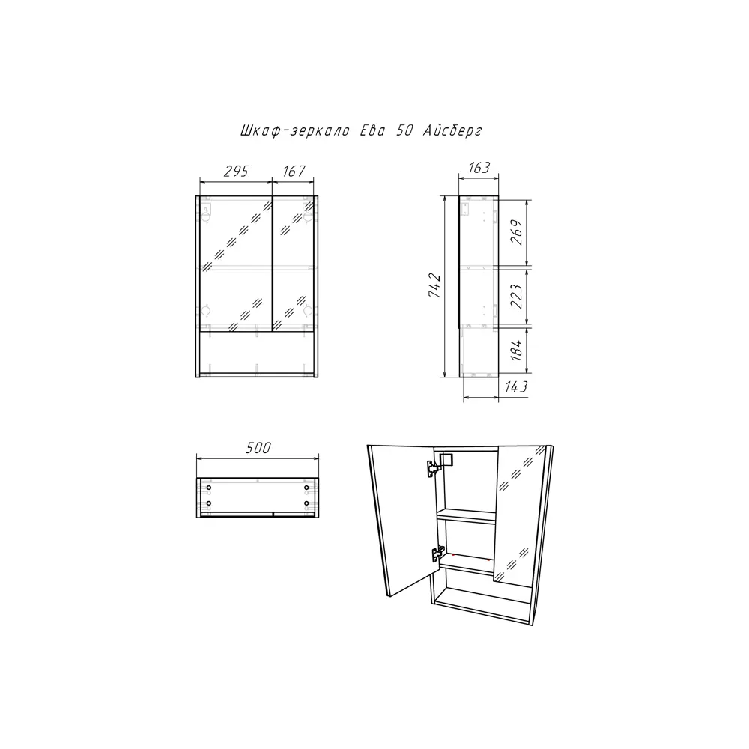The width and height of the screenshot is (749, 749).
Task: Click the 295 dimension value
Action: (x=236, y=171)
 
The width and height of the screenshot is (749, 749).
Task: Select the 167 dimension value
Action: (x=294, y=171)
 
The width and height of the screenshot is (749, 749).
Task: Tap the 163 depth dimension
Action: (x=479, y=168)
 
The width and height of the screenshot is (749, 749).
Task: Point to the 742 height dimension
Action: (x=434, y=285)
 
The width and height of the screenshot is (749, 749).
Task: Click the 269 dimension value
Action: (x=517, y=232)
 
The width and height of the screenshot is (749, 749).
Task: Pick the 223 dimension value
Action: (x=517, y=296)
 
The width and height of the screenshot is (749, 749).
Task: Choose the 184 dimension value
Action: (x=517, y=350)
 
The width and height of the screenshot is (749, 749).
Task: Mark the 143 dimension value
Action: (x=516, y=386)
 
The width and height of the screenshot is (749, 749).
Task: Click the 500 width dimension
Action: (x=258, y=448)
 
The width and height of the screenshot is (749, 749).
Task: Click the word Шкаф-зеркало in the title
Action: (x=294, y=130)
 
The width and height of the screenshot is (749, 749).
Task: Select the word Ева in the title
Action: (x=372, y=130)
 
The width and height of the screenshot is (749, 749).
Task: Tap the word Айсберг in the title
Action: (x=452, y=130)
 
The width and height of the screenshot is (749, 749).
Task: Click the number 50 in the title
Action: (x=404, y=130)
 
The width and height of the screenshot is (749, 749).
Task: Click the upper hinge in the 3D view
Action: (x=434, y=467)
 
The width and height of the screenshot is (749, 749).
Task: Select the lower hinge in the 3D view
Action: (x=437, y=554)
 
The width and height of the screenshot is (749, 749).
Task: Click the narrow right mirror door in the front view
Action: (x=294, y=263)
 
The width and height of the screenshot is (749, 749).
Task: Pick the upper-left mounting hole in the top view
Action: (x=209, y=488)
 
